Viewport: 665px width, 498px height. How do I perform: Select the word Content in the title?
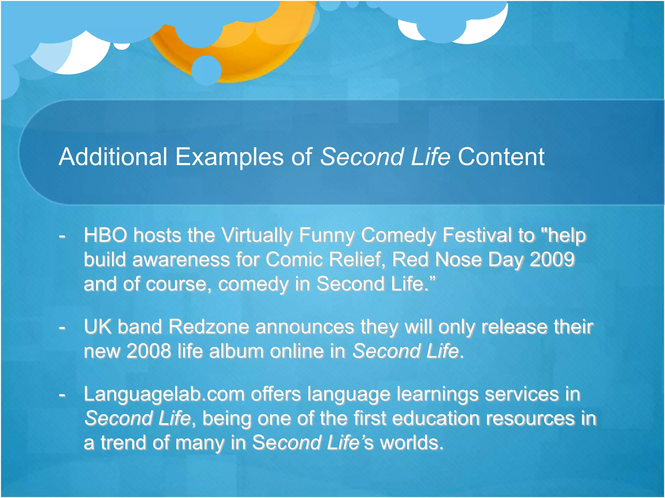tap(501, 157)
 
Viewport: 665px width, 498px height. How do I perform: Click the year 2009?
tap(552, 259)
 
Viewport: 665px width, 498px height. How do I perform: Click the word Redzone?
tap(209, 326)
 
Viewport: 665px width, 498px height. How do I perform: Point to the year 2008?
tap(148, 351)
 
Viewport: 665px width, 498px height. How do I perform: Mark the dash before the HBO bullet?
tap(62, 236)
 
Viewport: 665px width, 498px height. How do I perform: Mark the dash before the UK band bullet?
tap(62, 328)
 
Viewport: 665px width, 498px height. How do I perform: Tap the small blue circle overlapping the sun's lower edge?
tap(206, 70)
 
